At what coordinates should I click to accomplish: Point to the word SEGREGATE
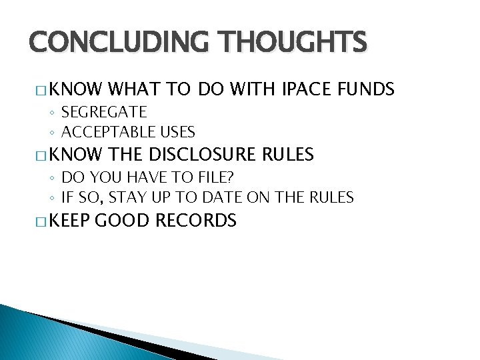(104, 111)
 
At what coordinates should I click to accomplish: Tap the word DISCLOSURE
(203, 155)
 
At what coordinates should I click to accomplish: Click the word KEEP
(69, 221)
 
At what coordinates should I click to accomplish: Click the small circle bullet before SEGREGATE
(52, 112)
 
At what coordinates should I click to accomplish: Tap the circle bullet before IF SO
(52, 197)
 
